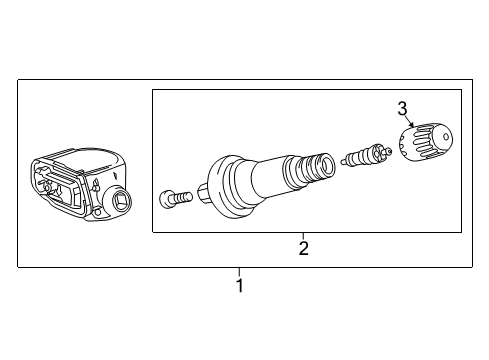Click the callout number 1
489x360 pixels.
click(x=239, y=286)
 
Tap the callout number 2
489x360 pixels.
click(x=303, y=248)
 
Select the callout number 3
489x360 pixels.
click(x=402, y=107)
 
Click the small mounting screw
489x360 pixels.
click(x=174, y=198)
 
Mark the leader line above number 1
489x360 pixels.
click(x=239, y=272)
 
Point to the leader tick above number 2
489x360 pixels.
click(x=303, y=236)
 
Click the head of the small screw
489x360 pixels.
click(x=167, y=199)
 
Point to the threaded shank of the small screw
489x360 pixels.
click(x=181, y=197)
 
